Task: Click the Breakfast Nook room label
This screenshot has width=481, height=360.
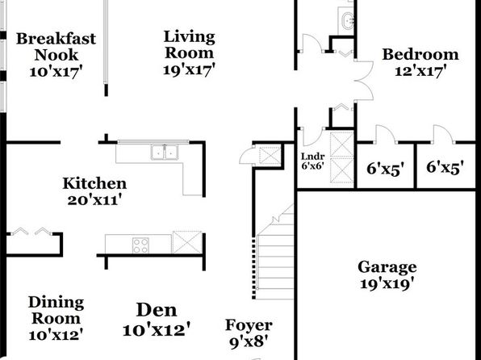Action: click(x=56, y=47)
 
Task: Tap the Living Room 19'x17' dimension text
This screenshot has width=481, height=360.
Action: click(x=189, y=69)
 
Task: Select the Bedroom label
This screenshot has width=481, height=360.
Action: click(x=420, y=54)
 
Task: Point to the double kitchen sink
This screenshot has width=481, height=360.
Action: click(x=165, y=152)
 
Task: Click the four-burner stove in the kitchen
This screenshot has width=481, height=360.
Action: click(x=140, y=245)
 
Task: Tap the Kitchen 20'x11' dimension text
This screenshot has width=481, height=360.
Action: click(x=94, y=200)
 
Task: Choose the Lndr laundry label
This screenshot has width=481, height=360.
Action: click(x=312, y=157)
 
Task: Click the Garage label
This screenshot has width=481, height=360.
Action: click(x=387, y=267)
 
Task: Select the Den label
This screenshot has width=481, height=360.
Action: click(x=157, y=310)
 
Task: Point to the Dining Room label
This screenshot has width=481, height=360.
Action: click(x=56, y=310)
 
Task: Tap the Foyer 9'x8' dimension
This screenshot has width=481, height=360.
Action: click(x=249, y=341)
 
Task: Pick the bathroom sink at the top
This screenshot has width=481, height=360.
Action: click(x=348, y=20)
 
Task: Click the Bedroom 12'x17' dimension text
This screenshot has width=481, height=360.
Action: click(x=420, y=71)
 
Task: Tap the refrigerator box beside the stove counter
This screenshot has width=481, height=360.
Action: click(x=187, y=242)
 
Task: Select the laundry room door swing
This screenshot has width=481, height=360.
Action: click(x=312, y=136)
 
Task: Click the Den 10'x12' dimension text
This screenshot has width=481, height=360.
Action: click(x=157, y=329)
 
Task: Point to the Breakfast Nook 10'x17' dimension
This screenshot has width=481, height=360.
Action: click(x=56, y=72)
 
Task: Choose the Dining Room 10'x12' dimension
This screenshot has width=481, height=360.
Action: click(x=56, y=334)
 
